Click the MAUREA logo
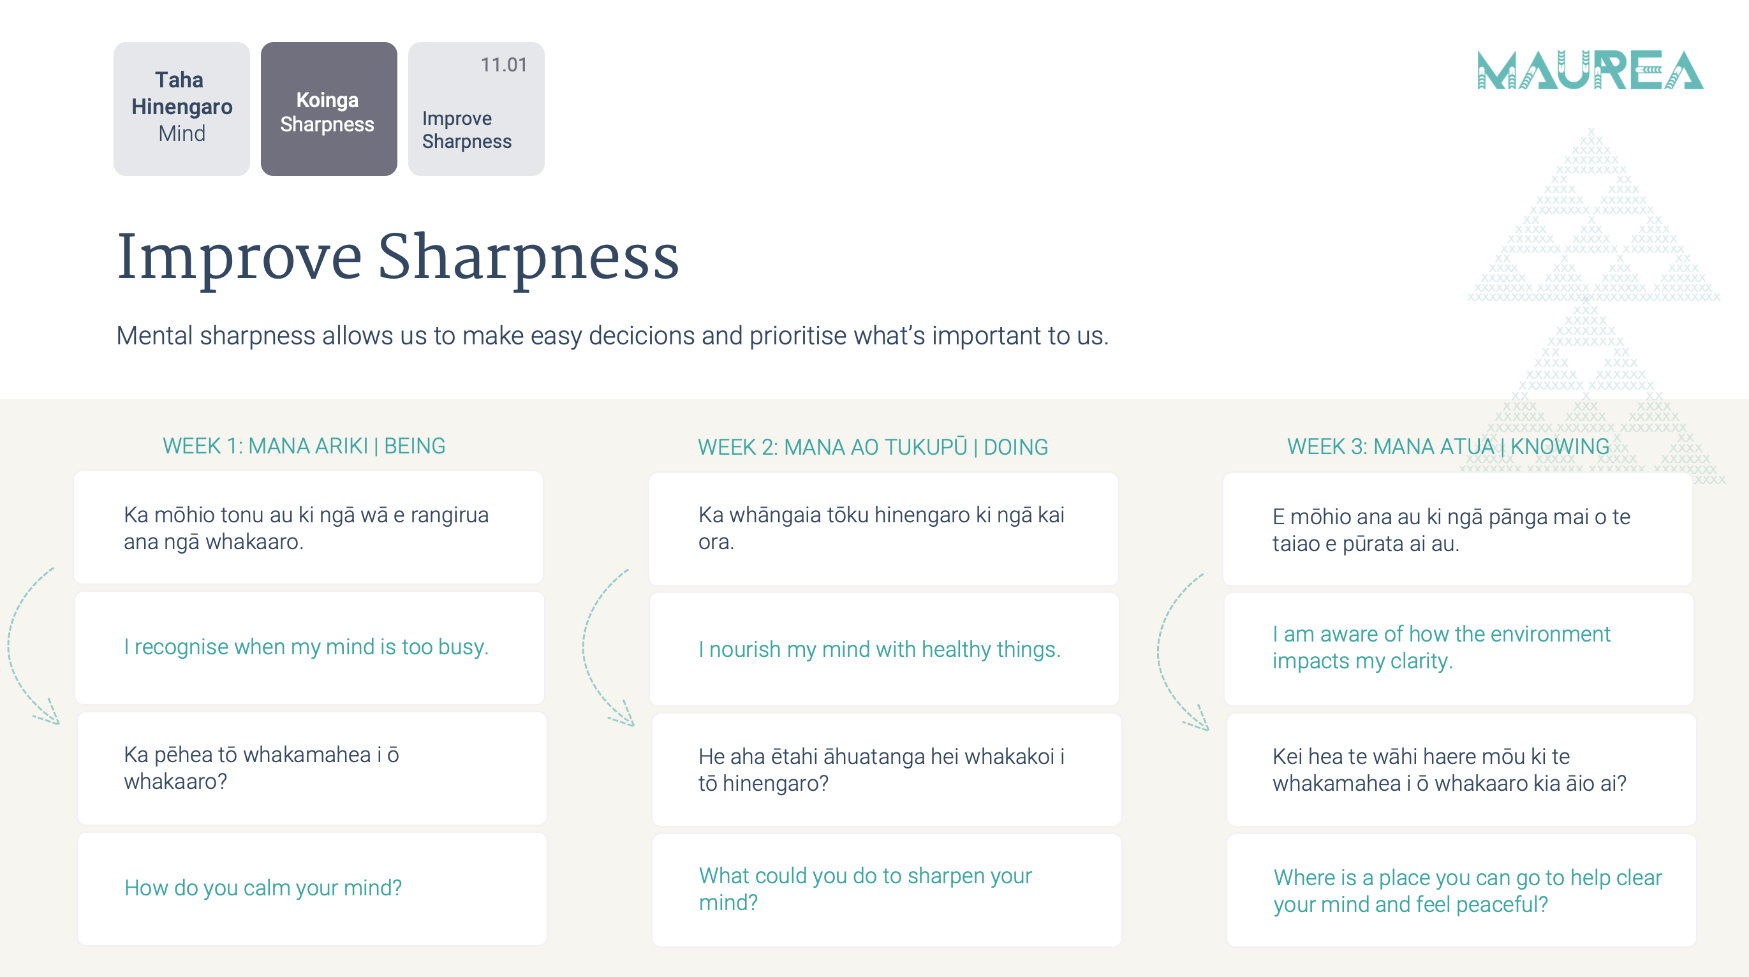point(1590,70)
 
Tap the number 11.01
point(504,64)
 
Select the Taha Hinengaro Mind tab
point(181,108)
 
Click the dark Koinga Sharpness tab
point(328,108)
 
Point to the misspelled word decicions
point(642,335)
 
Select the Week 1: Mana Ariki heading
point(304,446)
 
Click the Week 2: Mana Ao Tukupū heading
point(873,447)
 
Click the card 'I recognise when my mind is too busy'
point(309,648)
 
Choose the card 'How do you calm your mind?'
point(312,889)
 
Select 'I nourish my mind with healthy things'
point(884,649)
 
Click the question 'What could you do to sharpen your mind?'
point(887,890)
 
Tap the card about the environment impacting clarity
point(1458,649)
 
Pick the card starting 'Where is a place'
point(1461,890)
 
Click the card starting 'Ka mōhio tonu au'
point(308,527)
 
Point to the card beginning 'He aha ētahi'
point(887,769)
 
